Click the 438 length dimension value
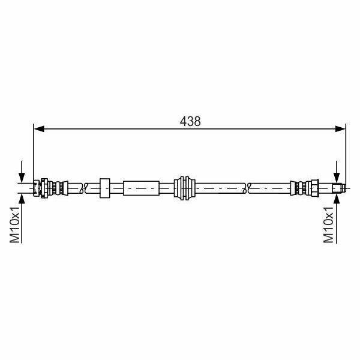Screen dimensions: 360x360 tap(190, 121)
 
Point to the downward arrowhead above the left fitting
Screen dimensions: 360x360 tap(22, 178)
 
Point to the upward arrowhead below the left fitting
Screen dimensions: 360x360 tap(22, 197)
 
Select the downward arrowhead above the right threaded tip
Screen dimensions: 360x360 tap(337, 178)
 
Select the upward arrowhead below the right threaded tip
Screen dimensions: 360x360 tap(337, 197)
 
